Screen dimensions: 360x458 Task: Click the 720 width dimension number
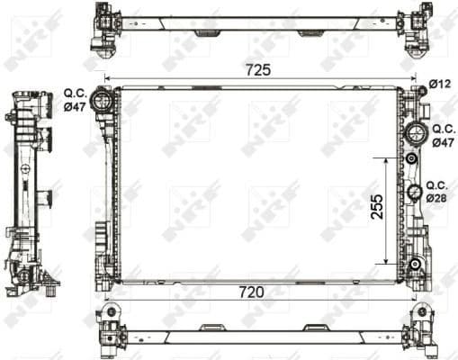(259, 292)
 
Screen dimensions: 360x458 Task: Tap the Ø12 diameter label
(439, 84)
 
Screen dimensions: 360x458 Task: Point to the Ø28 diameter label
(436, 197)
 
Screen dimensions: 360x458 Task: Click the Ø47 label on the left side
(75, 106)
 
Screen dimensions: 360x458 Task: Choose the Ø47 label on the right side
(443, 141)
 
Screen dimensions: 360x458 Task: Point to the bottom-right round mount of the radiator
(415, 264)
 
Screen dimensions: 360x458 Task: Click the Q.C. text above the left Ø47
(75, 92)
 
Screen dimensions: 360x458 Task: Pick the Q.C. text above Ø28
(437, 184)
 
